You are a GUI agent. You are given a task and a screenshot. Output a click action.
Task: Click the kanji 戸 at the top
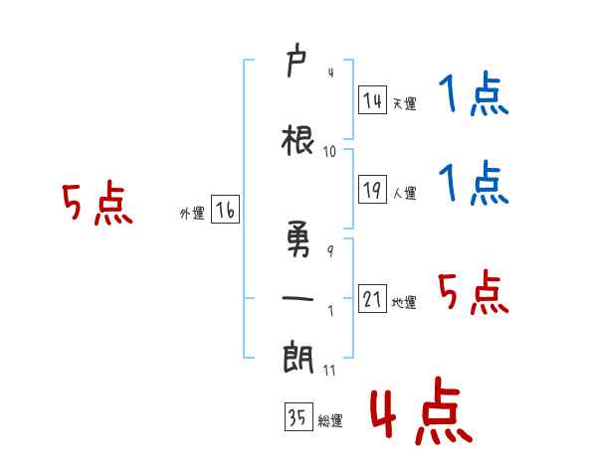(x=297, y=60)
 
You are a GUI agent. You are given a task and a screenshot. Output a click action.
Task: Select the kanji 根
(x=298, y=141)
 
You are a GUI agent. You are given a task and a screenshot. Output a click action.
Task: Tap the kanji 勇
(x=298, y=238)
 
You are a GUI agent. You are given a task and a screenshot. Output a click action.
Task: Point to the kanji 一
(x=298, y=298)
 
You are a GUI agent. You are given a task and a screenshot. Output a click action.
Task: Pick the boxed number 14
(x=372, y=100)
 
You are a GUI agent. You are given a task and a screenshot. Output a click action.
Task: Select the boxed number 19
(x=372, y=190)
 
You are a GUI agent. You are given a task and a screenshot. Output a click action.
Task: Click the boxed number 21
(x=372, y=298)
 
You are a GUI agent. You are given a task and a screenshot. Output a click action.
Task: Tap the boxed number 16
(x=226, y=210)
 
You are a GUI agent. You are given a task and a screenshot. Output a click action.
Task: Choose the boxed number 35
(x=298, y=416)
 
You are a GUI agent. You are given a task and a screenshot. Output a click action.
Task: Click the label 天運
(x=404, y=103)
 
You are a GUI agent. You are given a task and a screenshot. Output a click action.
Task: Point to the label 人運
(x=404, y=193)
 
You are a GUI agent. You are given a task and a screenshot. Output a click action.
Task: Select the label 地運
(x=404, y=302)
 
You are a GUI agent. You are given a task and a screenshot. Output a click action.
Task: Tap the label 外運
(x=192, y=214)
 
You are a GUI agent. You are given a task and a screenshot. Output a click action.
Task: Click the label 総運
(x=330, y=420)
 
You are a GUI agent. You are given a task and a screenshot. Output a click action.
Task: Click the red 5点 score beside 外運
(x=98, y=203)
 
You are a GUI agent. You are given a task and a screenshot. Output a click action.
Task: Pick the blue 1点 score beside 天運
(x=474, y=93)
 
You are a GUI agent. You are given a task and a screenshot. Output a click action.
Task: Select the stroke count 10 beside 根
(x=329, y=152)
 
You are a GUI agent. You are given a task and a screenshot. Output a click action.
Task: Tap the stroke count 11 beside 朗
(x=329, y=370)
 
